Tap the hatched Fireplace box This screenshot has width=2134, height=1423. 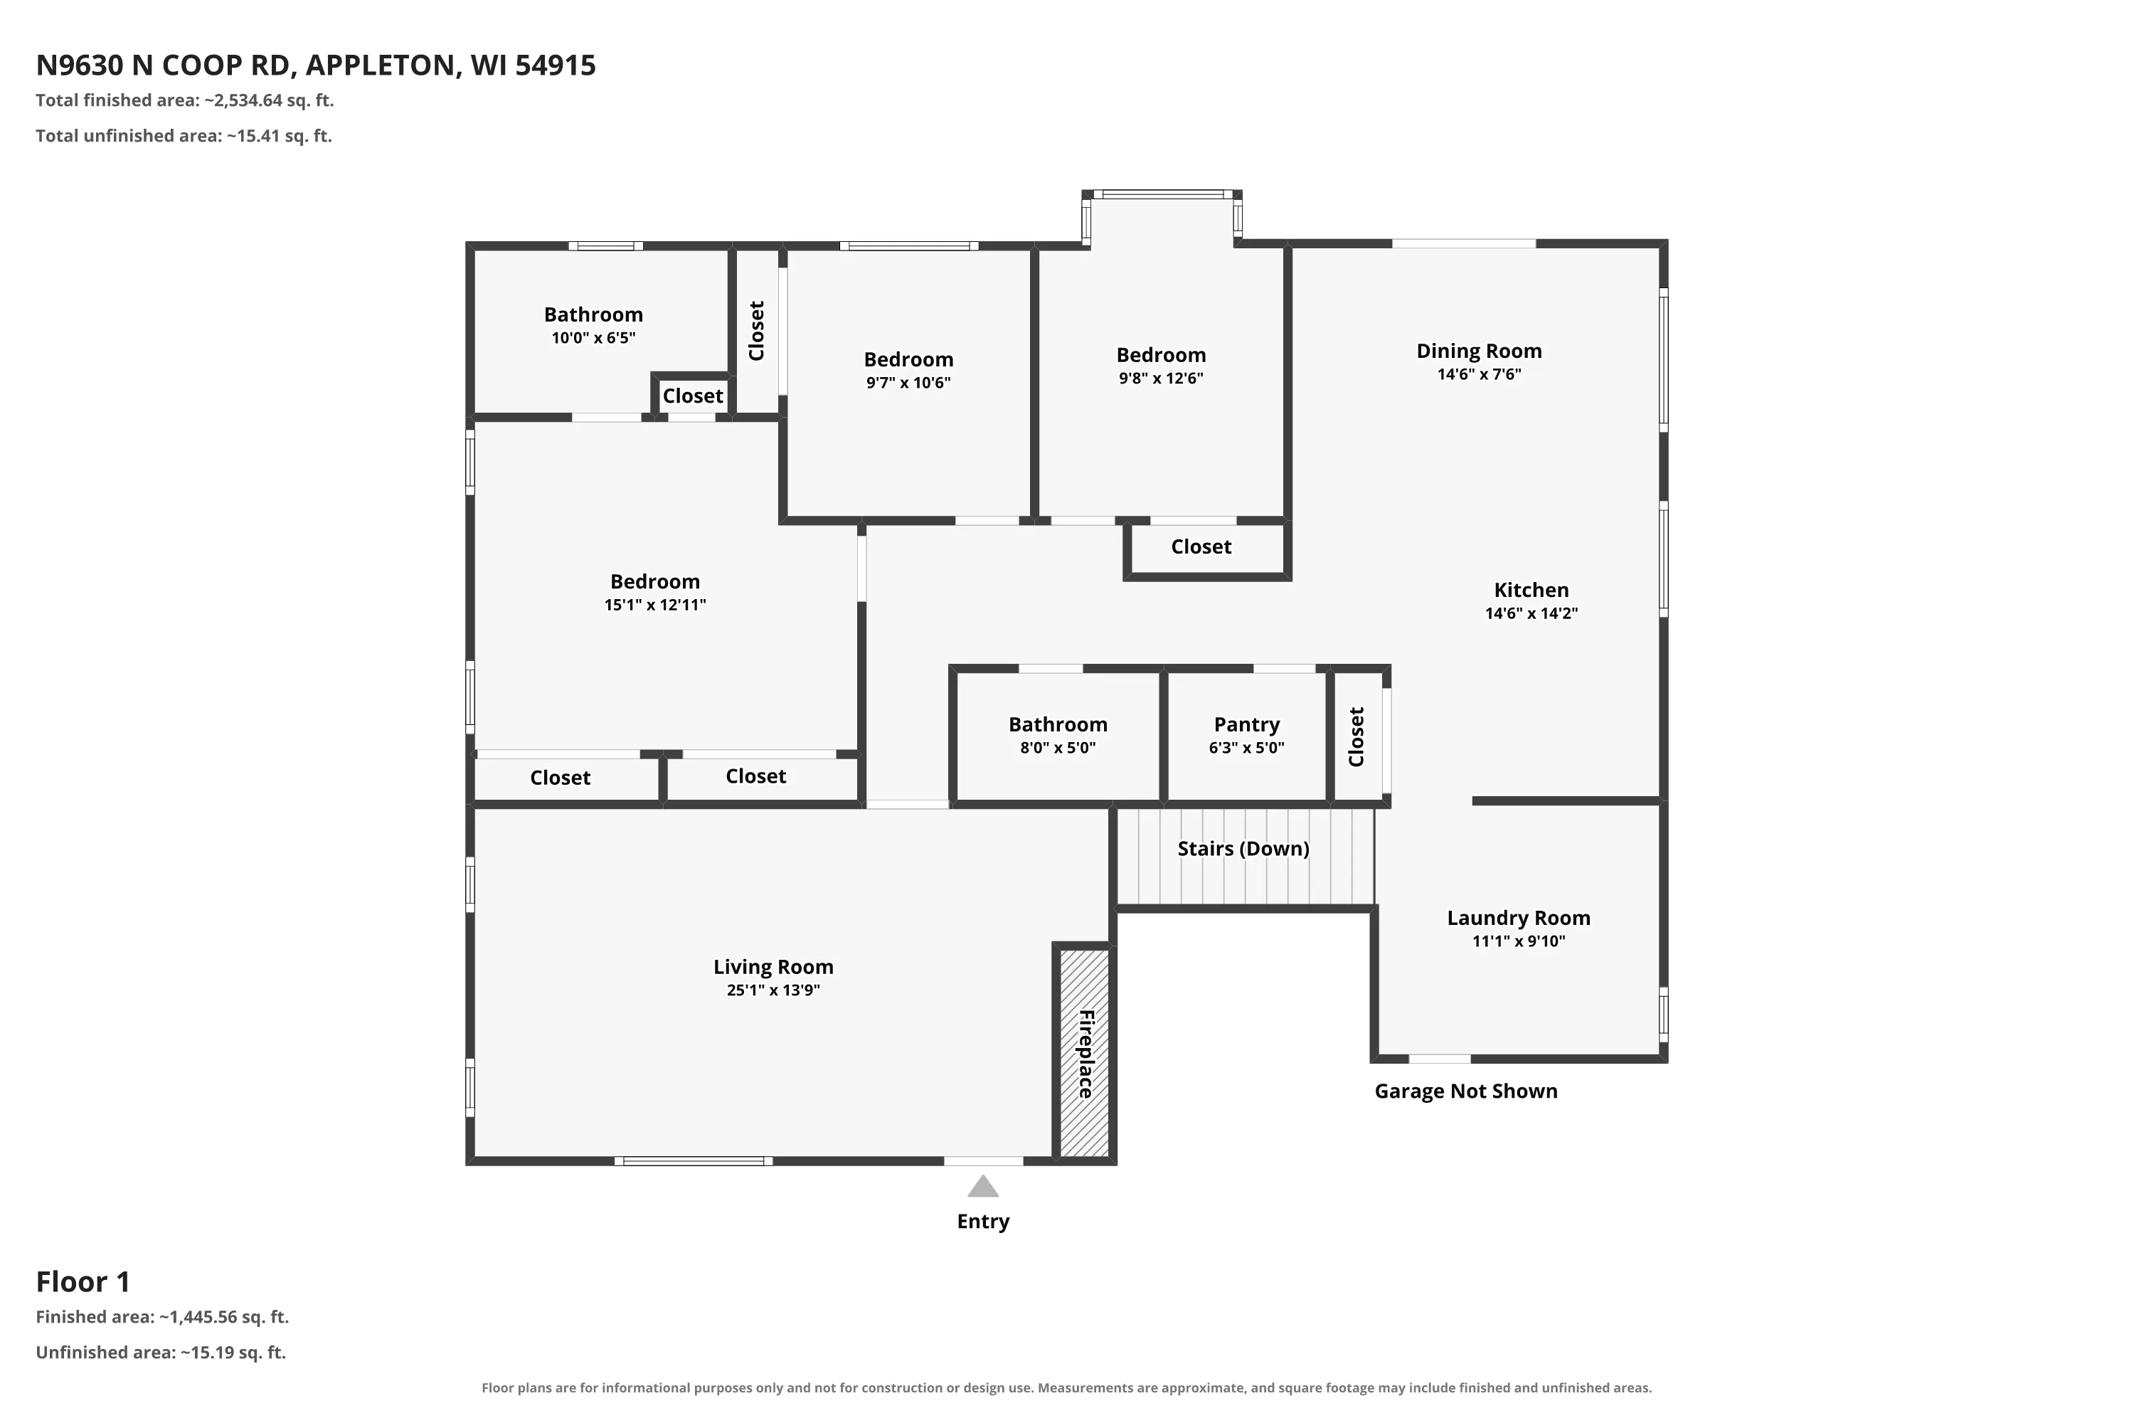tap(1084, 1053)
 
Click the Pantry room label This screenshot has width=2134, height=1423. tap(1247, 724)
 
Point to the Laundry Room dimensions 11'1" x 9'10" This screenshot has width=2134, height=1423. tap(1518, 941)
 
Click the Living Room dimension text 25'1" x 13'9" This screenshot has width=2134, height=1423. tap(773, 990)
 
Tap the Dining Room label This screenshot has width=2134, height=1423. tap(1479, 351)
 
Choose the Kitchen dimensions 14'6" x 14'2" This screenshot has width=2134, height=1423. tap(1531, 613)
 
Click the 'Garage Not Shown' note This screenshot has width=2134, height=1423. tap(1465, 1091)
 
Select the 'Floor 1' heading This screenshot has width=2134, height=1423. tap(83, 1281)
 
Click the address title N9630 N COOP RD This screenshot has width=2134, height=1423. tap(164, 65)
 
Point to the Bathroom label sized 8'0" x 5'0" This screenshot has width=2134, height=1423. tap(1058, 724)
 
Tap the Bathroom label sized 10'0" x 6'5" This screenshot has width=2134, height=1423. tap(593, 315)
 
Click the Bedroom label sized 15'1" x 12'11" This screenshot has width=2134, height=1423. tap(655, 582)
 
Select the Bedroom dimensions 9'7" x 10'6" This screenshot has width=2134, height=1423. tap(908, 383)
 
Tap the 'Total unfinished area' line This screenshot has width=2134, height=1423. tap(184, 136)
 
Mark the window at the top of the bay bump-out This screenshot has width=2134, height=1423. tap(1162, 194)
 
